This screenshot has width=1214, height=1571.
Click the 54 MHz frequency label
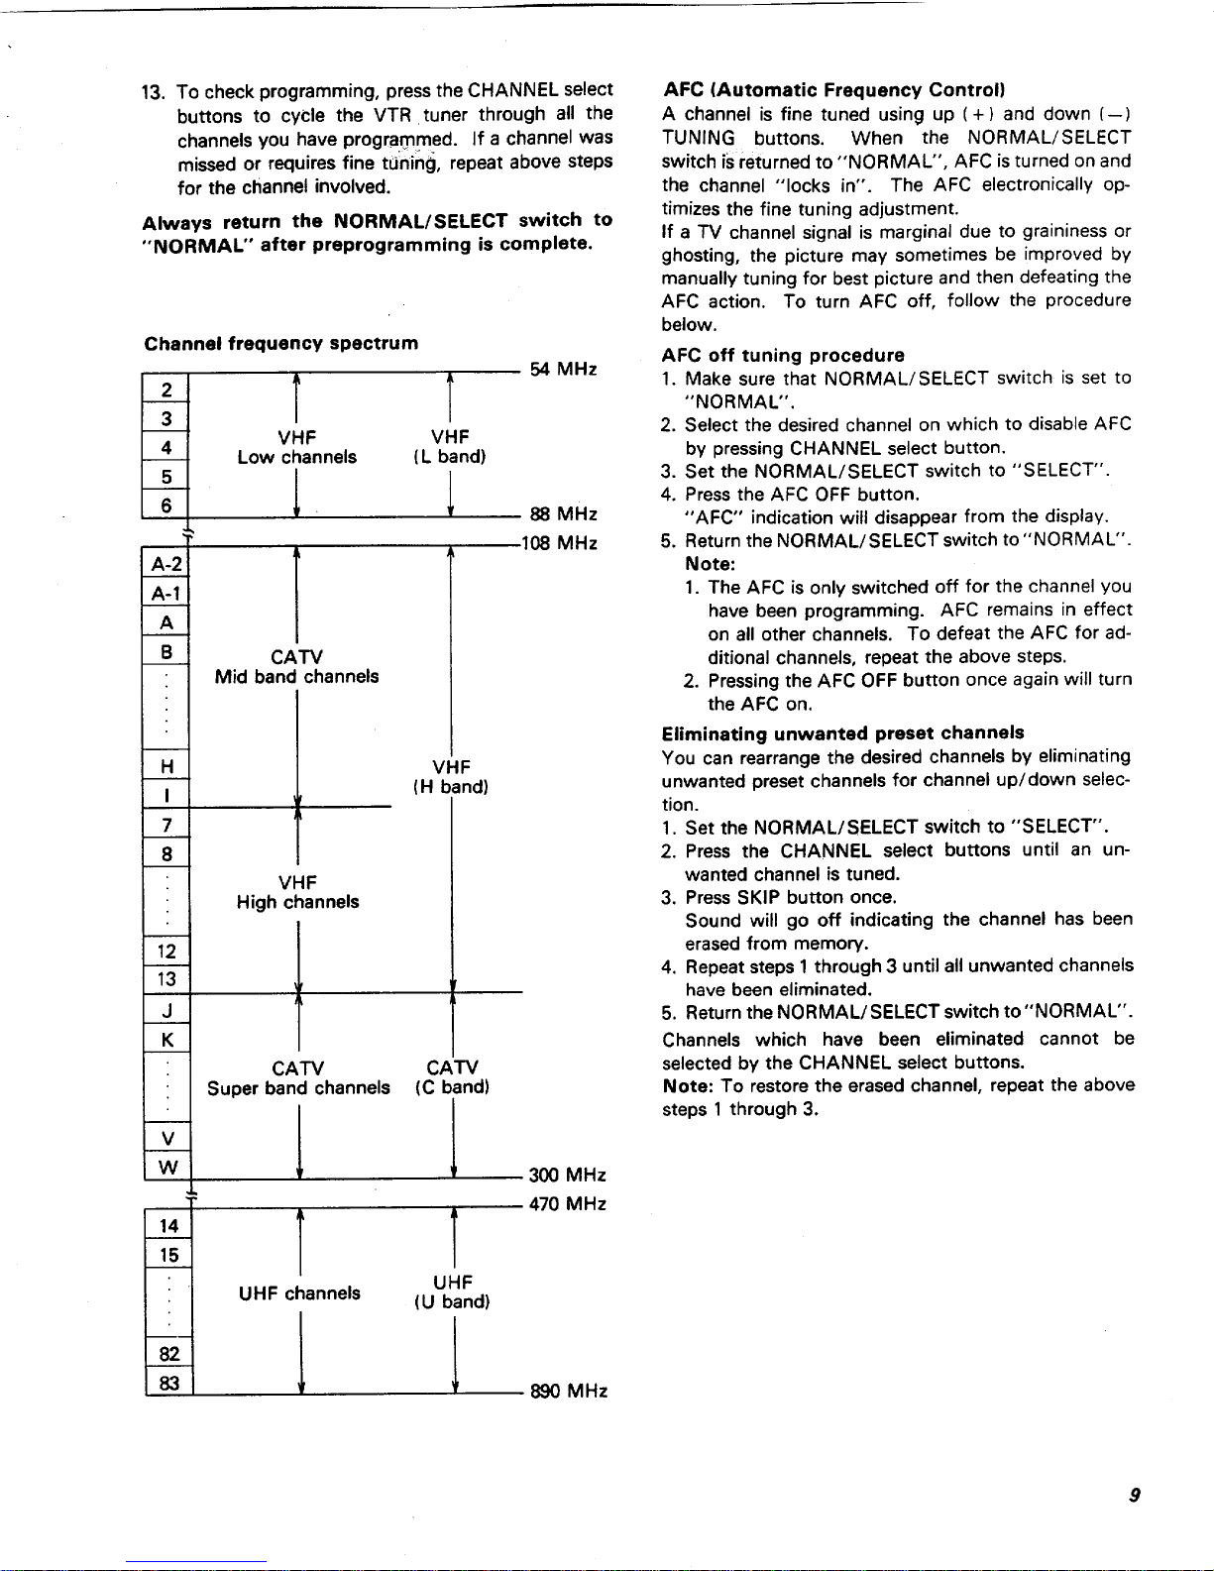(x=563, y=370)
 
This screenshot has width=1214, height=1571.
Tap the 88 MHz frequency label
(x=564, y=514)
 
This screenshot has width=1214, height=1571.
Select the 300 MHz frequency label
(x=567, y=1176)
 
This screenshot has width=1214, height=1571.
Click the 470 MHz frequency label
(x=568, y=1204)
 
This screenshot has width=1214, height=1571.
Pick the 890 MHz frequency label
(x=569, y=1391)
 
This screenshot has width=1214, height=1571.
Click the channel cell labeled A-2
(x=166, y=565)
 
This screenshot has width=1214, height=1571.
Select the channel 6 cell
(x=166, y=505)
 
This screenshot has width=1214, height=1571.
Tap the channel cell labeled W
(x=167, y=1167)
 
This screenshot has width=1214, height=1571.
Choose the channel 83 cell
(x=168, y=1382)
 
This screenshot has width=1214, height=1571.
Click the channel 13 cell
(x=167, y=979)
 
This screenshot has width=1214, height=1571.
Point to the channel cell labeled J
(x=167, y=1010)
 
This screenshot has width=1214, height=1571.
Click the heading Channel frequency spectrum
(x=280, y=344)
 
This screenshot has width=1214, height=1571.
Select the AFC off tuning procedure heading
(x=783, y=355)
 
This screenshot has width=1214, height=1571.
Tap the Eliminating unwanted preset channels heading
(x=842, y=733)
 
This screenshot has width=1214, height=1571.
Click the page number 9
(x=1133, y=1496)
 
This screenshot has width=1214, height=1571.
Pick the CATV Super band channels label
(x=298, y=1077)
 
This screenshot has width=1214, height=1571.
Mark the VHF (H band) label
(x=451, y=777)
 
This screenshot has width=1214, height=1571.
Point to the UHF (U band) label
(x=452, y=1291)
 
